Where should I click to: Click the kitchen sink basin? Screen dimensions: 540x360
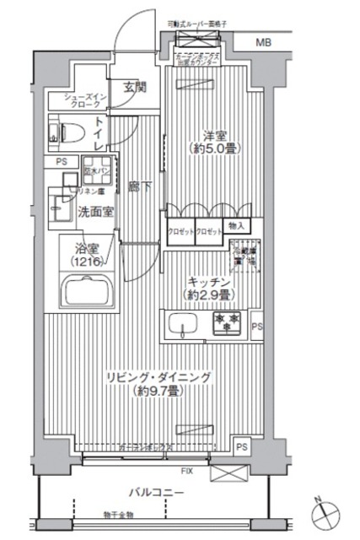click(183, 323)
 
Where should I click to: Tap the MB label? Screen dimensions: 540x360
click(264, 41)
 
